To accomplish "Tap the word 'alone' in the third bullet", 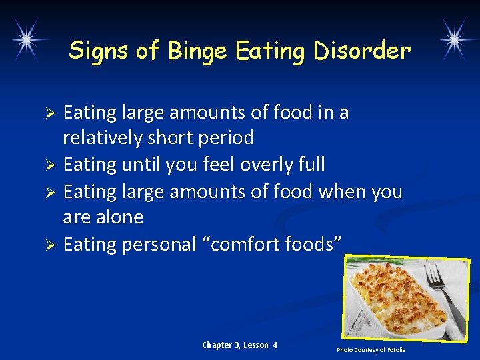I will pos(120,217).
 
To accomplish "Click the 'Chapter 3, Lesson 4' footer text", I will pos(239,345).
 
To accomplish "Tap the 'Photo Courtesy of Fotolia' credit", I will pos(371,350).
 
